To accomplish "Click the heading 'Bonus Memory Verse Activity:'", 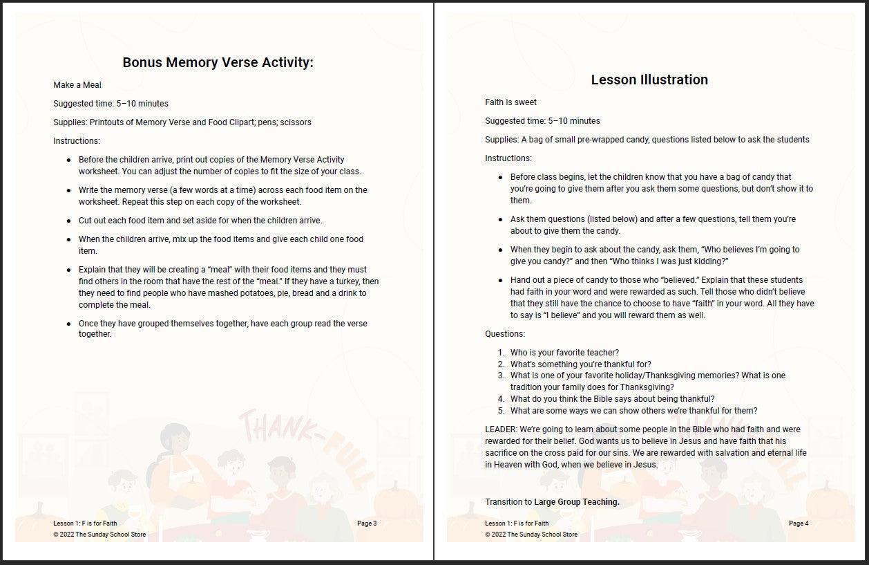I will click(218, 62).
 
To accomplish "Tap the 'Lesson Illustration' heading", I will click(649, 80).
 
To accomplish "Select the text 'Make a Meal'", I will click(77, 85).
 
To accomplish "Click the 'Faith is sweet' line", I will click(510, 102).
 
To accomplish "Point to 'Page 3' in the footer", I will click(367, 524).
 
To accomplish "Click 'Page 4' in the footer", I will click(799, 524).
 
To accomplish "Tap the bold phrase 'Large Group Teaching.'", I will click(577, 502).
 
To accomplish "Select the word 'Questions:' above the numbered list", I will click(505, 334).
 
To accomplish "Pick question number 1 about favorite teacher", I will click(564, 353).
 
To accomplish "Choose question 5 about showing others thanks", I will click(633, 410).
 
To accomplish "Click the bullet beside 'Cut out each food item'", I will click(69, 221).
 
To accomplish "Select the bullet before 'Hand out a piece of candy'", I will click(501, 280).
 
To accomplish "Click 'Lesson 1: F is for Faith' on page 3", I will click(85, 524).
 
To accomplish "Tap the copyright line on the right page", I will click(531, 535).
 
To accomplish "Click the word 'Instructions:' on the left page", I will click(77, 141).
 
